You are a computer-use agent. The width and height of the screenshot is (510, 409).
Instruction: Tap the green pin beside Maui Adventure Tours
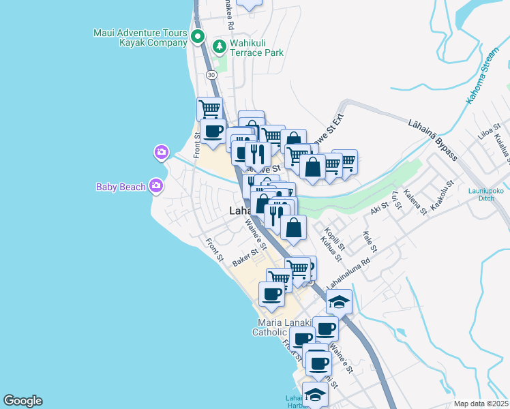(x=198, y=37)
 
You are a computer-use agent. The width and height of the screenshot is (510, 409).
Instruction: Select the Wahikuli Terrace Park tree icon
(x=219, y=46)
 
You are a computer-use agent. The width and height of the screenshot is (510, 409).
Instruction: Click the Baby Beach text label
(x=121, y=185)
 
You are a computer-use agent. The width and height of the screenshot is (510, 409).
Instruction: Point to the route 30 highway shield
(x=212, y=74)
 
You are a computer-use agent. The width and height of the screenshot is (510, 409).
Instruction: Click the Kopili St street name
(x=335, y=234)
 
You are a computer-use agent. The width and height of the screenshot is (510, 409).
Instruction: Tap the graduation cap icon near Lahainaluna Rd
(x=339, y=301)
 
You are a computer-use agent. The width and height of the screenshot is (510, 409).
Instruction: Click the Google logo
(x=22, y=401)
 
